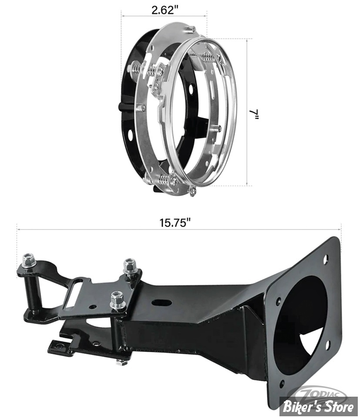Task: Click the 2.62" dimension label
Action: [x=165, y=10]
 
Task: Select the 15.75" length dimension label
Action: [x=175, y=223]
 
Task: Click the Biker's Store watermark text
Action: [x=319, y=406]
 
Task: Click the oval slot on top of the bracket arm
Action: [x=161, y=303]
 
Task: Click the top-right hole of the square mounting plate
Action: [x=325, y=260]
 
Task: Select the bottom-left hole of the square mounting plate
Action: [x=282, y=384]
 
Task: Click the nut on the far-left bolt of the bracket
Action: [x=29, y=260]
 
